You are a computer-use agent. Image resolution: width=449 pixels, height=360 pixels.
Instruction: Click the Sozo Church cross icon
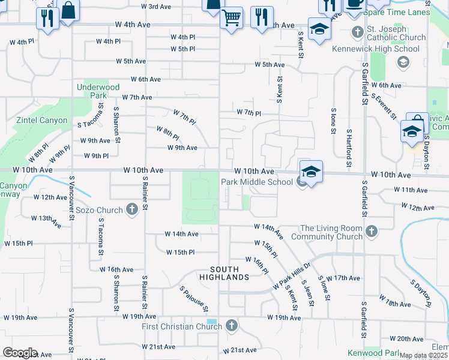pyautogui.click(x=133, y=210)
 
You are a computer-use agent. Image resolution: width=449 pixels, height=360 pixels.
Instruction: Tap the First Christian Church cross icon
pyautogui.click(x=232, y=326)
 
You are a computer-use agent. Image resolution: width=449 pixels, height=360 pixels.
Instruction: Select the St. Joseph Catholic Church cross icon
pyautogui.click(x=357, y=32)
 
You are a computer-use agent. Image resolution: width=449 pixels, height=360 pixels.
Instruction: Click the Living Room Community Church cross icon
pyautogui.click(x=372, y=231)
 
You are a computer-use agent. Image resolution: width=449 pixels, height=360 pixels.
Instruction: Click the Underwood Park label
pyautogui.click(x=91, y=91)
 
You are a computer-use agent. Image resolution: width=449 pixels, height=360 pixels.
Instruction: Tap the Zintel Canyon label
pyautogui.click(x=45, y=120)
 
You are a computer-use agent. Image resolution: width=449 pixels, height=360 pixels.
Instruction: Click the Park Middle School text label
pyautogui.click(x=256, y=182)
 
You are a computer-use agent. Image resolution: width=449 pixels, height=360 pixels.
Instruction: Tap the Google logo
pyautogui.click(x=20, y=353)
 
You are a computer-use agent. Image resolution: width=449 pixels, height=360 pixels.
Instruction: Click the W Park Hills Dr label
pyautogui.click(x=291, y=277)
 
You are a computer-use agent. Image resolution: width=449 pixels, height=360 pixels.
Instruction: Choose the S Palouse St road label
pyautogui.click(x=193, y=298)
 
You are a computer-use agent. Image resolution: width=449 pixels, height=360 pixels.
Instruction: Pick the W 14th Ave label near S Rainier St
pyautogui.click(x=182, y=234)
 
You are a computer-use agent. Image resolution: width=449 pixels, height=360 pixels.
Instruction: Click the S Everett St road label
pyautogui.click(x=385, y=106)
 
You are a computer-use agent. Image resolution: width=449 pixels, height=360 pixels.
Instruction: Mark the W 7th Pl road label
pyautogui.click(x=249, y=113)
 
